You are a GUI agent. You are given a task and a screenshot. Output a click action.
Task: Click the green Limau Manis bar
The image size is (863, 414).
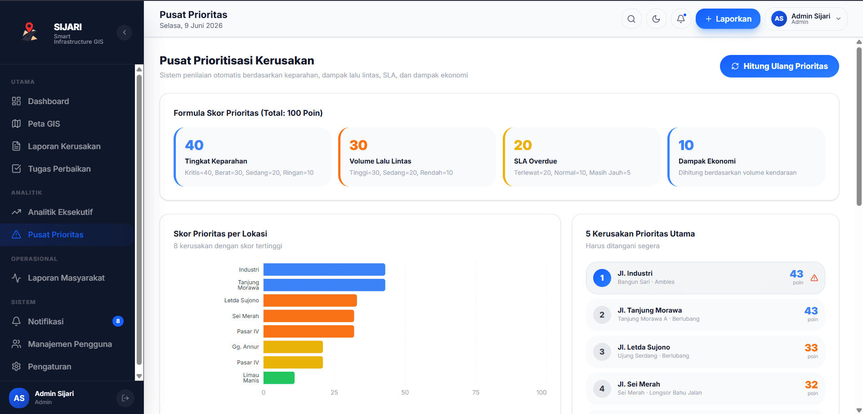[279, 378]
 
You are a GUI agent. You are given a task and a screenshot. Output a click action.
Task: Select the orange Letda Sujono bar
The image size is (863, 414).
[310, 300]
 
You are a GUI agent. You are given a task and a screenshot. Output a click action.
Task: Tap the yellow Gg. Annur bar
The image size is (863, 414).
[293, 347]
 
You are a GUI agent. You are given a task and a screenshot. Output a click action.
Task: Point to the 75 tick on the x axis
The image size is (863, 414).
[476, 392]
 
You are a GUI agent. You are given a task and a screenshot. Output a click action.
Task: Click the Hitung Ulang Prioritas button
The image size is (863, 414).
[779, 66]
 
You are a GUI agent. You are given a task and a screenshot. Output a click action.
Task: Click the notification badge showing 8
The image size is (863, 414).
[118, 321]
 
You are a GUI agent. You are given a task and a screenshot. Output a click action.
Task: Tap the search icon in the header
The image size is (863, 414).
[631, 19]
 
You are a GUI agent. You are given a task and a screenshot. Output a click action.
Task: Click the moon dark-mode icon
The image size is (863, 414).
[656, 19]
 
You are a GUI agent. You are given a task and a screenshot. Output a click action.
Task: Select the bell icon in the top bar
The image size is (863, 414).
[681, 19]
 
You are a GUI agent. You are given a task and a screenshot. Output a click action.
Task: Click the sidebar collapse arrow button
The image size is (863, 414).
[125, 32]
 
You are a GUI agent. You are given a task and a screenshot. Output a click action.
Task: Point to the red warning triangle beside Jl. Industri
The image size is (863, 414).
[814, 278]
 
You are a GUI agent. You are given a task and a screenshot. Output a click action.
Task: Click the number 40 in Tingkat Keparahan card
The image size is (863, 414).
[194, 145]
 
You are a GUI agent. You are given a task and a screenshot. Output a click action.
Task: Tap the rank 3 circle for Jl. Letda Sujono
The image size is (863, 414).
[602, 352]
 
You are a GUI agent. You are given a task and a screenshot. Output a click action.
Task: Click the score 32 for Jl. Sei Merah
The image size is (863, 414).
[811, 385]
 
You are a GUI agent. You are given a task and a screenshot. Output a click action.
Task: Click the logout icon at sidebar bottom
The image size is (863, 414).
[125, 398]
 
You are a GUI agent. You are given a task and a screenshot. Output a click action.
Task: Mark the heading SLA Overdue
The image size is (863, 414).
[536, 161]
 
